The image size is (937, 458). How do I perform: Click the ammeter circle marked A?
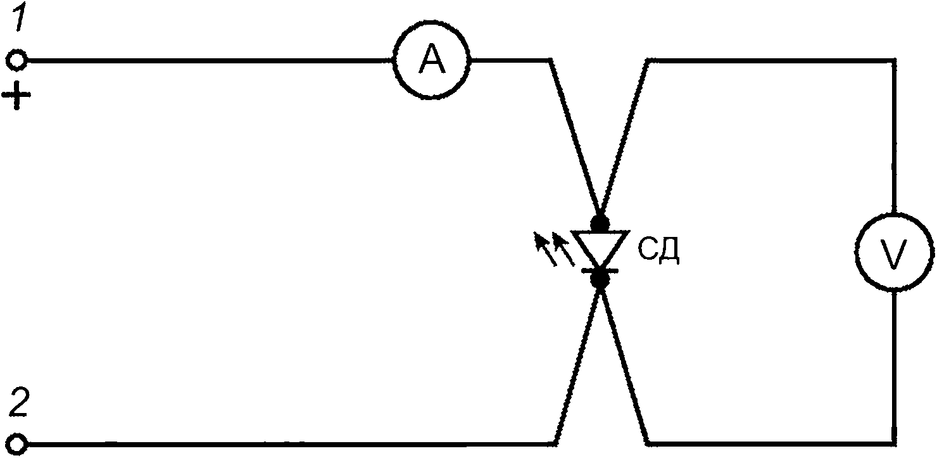click(x=432, y=22)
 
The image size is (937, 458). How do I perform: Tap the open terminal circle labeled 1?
click(x=17, y=51)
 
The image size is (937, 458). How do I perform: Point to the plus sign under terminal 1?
click(x=16, y=96)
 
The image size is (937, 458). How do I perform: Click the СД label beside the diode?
click(x=658, y=250)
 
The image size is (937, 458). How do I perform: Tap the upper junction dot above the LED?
click(x=600, y=223)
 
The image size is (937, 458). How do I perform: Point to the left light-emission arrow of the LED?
click(x=546, y=250)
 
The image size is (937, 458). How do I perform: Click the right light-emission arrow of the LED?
click(x=563, y=250)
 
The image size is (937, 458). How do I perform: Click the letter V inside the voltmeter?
click(x=893, y=253)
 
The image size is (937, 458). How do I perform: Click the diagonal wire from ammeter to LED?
click(x=575, y=136)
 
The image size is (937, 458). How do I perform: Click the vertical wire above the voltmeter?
click(x=894, y=136)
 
